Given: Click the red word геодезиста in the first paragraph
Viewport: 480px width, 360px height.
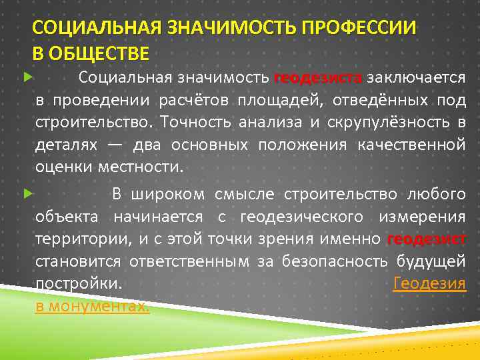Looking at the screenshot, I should [317, 77].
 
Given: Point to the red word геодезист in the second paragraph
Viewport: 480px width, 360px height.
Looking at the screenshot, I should [426, 239].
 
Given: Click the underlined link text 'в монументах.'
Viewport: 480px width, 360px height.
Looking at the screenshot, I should [92, 307].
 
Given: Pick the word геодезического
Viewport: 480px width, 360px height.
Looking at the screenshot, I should [301, 217].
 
